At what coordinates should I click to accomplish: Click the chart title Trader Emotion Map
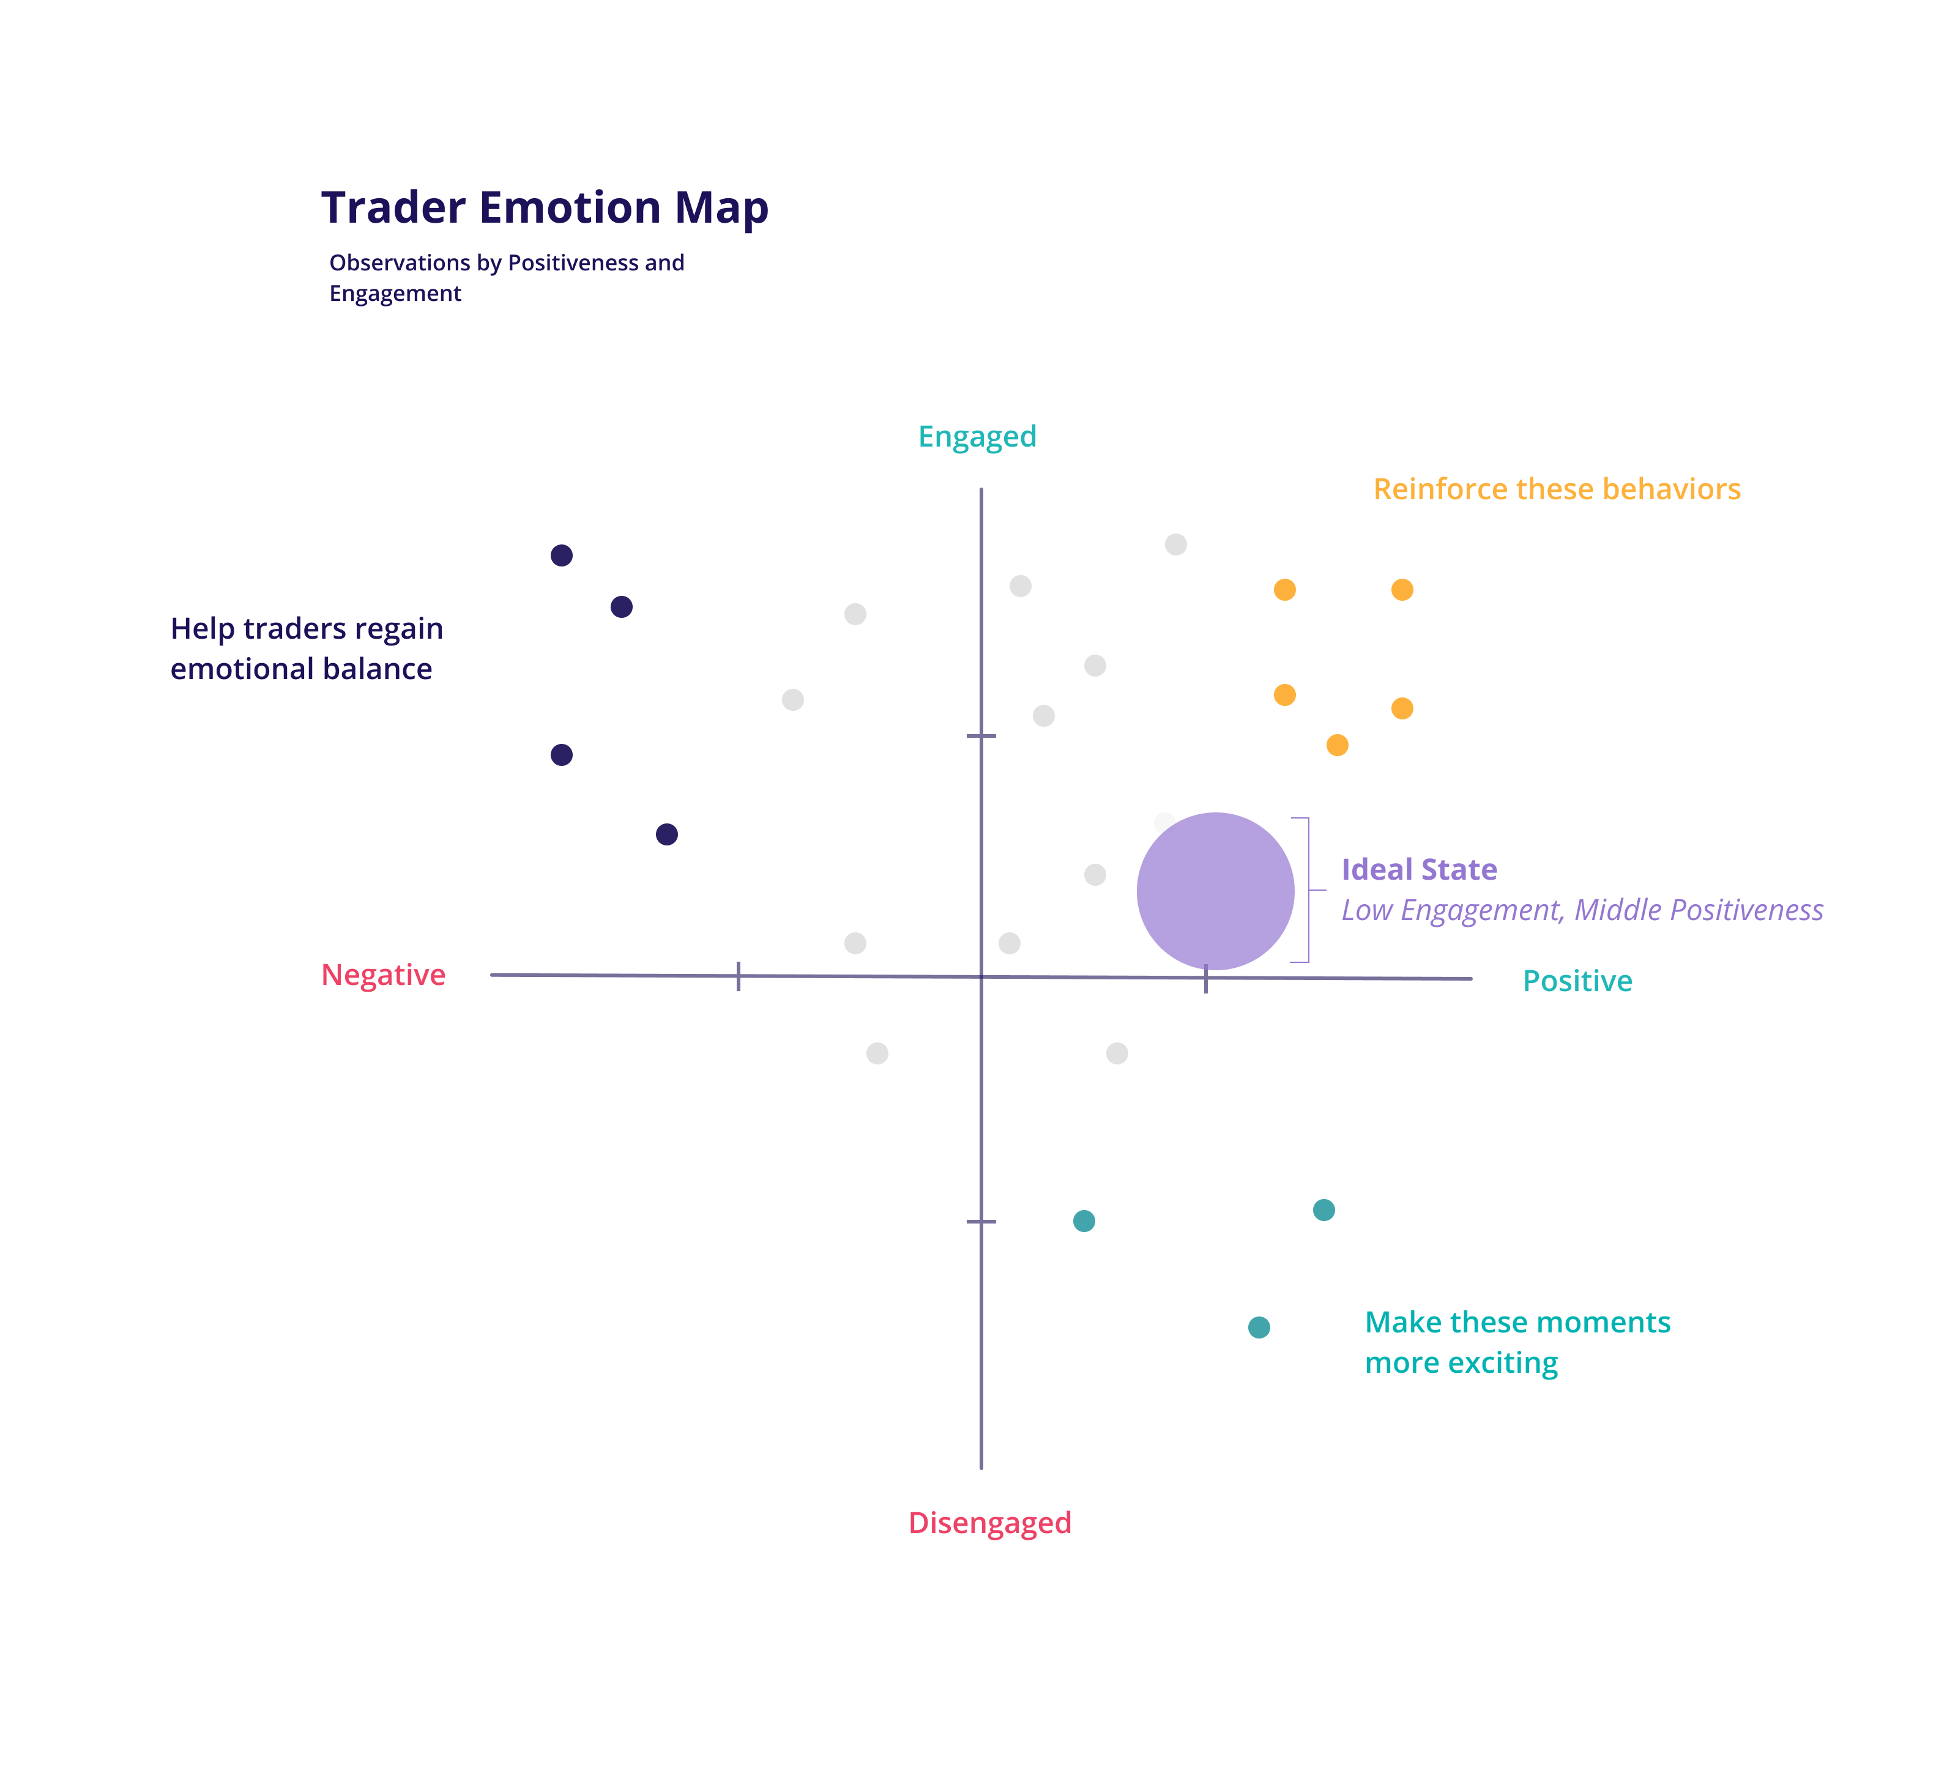544,209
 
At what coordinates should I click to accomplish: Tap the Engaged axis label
977,437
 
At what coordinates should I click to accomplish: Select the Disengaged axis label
989,1523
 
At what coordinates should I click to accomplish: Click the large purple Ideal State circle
1215,891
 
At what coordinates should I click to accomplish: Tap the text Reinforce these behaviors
1556,489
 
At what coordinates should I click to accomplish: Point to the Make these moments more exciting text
1516,1342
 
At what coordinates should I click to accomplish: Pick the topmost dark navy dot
561,555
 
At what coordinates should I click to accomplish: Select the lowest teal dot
1259,1328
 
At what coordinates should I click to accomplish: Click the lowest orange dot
1338,745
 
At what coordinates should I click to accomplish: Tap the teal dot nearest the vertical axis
1084,1221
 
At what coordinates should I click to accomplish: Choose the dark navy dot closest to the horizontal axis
666,834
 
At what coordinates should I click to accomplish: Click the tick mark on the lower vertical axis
981,1221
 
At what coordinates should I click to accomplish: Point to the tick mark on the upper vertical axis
981,736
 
